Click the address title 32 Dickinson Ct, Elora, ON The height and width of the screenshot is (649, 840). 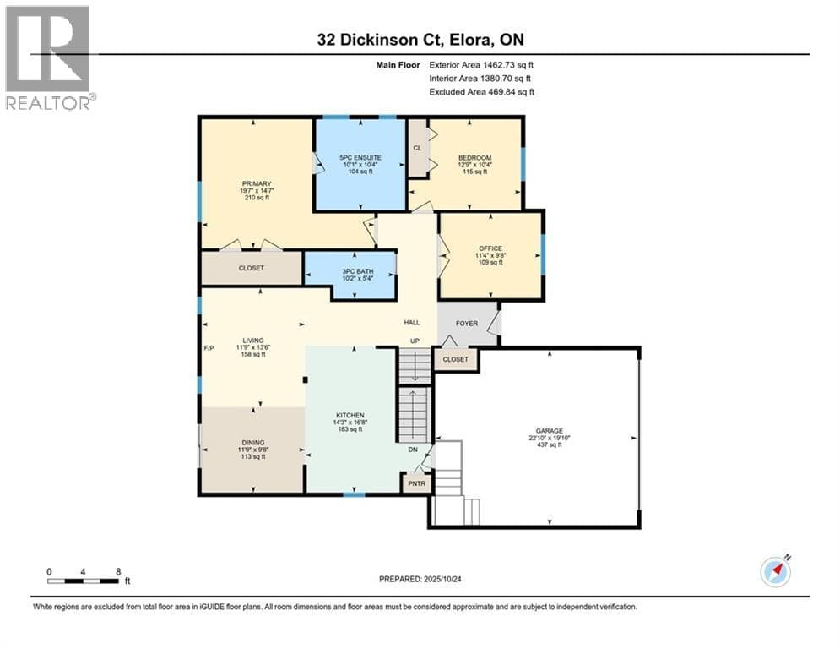(x=425, y=39)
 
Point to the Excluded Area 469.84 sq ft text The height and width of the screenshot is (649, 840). (x=481, y=92)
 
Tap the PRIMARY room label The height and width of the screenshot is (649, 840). (x=256, y=183)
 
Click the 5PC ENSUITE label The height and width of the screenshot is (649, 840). (x=360, y=157)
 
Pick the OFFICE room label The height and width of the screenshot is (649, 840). (x=490, y=248)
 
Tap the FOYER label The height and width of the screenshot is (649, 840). (x=466, y=323)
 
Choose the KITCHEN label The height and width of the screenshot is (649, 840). (x=350, y=415)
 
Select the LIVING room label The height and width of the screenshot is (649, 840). (x=253, y=341)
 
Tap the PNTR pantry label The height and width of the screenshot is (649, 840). (x=416, y=484)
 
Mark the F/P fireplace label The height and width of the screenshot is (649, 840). (x=209, y=348)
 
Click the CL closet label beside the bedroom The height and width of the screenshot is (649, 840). (x=417, y=147)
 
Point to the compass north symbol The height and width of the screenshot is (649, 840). (x=776, y=571)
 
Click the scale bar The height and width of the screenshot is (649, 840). (x=84, y=581)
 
